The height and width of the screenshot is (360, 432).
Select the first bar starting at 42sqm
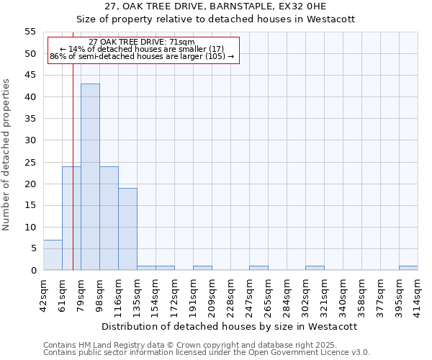coord(53,255)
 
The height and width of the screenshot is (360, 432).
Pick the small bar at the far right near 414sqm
coord(408,268)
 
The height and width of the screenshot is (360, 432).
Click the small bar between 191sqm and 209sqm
coord(202,268)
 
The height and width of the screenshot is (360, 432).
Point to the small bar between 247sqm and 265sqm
coord(258,268)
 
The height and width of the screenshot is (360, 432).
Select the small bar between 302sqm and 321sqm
coord(315,268)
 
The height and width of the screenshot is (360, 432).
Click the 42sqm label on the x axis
coord(44,294)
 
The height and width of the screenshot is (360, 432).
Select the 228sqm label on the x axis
coord(231,294)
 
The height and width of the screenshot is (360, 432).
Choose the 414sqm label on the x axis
coord(418,294)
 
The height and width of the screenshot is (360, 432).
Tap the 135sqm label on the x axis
coord(138,294)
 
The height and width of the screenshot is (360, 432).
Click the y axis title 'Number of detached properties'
coord(7,155)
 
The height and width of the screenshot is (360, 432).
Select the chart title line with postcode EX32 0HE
coord(215,6)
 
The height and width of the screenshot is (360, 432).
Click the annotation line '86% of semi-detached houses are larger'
coord(142,56)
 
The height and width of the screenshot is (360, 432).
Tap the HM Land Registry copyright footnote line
coord(204,345)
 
